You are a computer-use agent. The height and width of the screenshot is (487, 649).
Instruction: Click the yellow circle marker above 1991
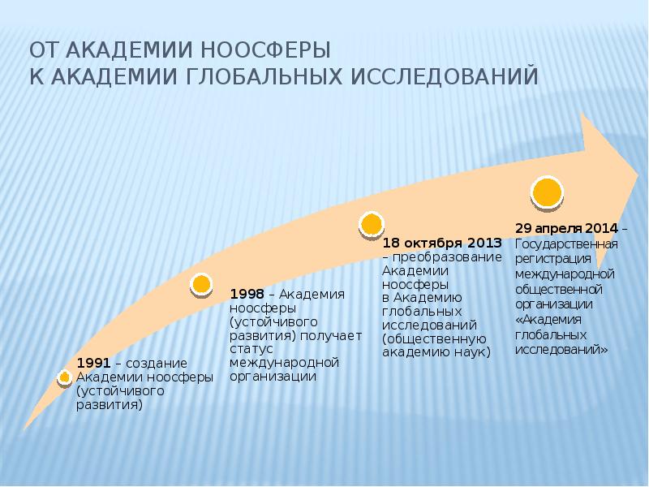tap(65, 377)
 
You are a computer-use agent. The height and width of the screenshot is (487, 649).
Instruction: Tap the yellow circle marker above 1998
tap(201, 284)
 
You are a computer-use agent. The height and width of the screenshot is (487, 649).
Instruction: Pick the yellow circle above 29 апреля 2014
tap(547, 192)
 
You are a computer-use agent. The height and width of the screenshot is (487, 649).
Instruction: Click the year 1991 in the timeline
tap(91, 362)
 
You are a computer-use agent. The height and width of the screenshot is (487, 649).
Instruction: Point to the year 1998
tap(247, 293)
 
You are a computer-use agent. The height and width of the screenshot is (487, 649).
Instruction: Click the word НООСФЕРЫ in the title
tap(278, 50)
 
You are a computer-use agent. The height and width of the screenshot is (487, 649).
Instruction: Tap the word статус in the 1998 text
tap(247, 348)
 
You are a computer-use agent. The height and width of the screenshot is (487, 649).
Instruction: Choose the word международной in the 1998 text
tap(284, 361)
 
